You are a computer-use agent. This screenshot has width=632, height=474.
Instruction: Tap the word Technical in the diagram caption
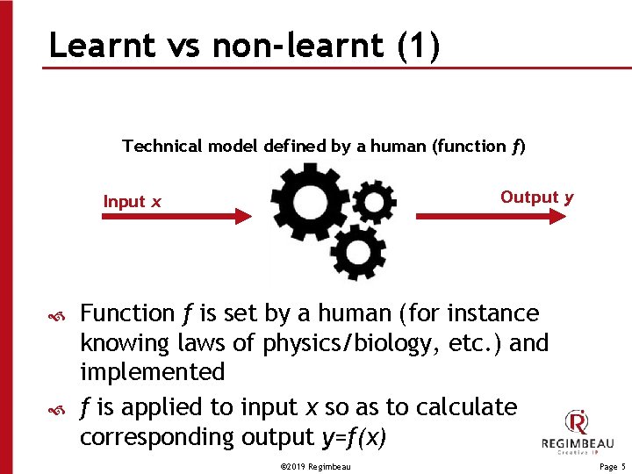click(163, 146)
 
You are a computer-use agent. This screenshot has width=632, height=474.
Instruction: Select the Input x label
click(133, 202)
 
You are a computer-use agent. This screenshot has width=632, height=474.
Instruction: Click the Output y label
click(536, 197)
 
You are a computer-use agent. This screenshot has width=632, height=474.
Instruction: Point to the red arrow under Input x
click(176, 216)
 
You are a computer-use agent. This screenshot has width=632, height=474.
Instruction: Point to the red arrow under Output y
click(492, 216)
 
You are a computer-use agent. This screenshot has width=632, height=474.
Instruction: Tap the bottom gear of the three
click(357, 252)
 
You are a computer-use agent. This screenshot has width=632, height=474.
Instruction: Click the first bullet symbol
click(56, 315)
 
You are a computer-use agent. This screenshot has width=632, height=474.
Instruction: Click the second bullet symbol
click(56, 409)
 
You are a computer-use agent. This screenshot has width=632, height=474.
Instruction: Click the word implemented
click(152, 372)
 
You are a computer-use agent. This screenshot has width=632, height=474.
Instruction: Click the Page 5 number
click(612, 468)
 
